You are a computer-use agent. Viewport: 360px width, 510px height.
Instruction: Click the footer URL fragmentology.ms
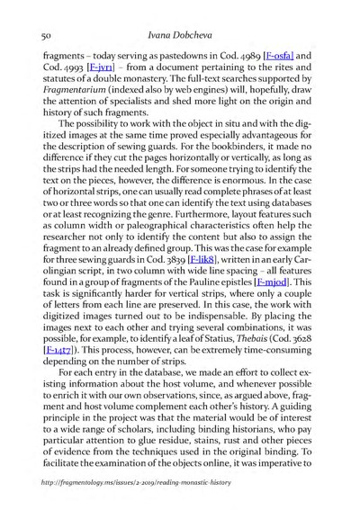[124, 494]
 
